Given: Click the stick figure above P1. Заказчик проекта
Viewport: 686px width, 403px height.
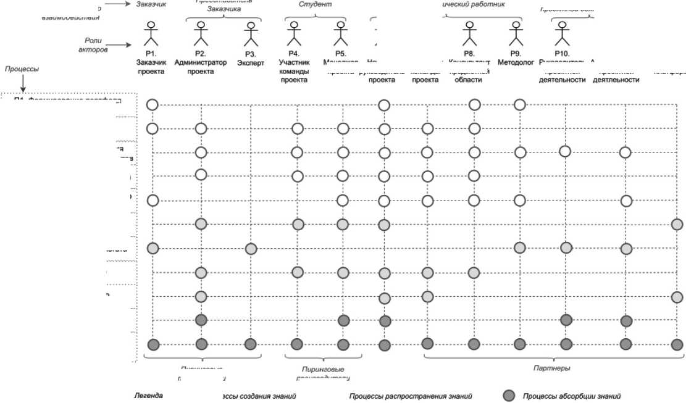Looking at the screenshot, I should tap(151, 34).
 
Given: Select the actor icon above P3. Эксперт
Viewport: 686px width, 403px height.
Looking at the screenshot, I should tap(250, 34).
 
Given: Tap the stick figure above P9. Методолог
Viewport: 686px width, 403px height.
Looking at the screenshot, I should tap(516, 34).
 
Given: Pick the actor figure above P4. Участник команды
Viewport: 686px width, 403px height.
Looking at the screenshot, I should tap(294, 34).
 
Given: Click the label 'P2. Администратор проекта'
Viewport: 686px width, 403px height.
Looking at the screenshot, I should tap(200, 67).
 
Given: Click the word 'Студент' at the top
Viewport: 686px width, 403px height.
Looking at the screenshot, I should tap(315, 4).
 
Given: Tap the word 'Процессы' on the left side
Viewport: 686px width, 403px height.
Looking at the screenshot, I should tap(22, 69).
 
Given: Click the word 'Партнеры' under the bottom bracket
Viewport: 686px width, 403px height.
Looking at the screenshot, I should tap(551, 368).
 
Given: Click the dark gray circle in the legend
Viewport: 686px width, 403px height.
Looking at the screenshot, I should tap(509, 396).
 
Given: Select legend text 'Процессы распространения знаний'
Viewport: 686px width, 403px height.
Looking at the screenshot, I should tap(411, 396).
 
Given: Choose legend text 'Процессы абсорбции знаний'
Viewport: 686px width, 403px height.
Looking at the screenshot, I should tap(571, 396).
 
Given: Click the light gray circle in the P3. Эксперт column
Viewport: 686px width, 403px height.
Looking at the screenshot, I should tap(251, 249).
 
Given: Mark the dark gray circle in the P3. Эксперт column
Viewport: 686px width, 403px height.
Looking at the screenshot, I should tap(251, 344).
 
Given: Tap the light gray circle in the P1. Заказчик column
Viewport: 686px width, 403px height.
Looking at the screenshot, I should tap(153, 249).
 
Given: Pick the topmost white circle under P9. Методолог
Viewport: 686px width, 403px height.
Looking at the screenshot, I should tap(520, 105).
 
